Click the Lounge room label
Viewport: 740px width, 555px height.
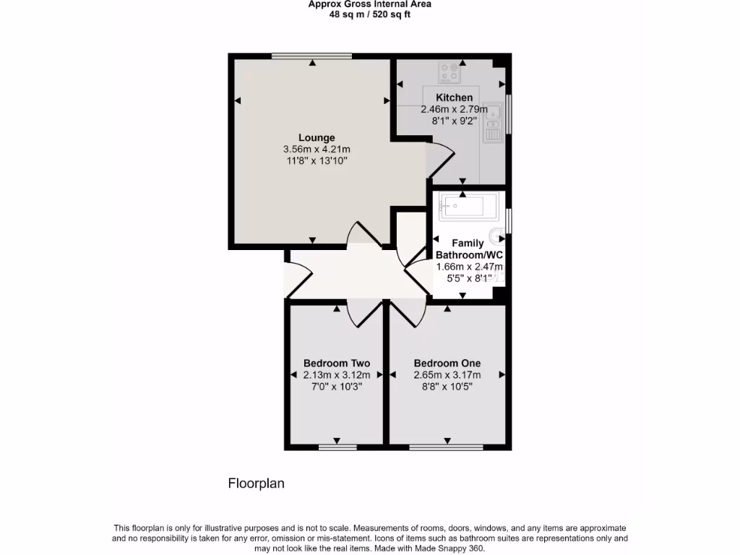pyautogui.click(x=317, y=137)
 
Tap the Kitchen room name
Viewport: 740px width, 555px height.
pyautogui.click(x=454, y=98)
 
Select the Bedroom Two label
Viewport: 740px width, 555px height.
pyautogui.click(x=337, y=363)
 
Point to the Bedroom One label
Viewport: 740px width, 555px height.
pyautogui.click(x=447, y=363)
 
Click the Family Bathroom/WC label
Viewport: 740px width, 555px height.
pyautogui.click(x=468, y=249)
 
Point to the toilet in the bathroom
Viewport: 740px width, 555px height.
pyautogui.click(x=497, y=236)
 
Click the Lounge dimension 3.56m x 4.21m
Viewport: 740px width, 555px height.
pyautogui.click(x=317, y=149)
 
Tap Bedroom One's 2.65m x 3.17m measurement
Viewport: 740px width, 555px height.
pyautogui.click(x=447, y=374)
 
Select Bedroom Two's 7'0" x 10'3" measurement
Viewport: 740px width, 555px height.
pyautogui.click(x=337, y=386)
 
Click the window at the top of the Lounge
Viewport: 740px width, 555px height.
pyautogui.click(x=312, y=56)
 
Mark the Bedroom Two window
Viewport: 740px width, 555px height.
pyautogui.click(x=337, y=447)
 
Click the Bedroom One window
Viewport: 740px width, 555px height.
pyautogui.click(x=447, y=447)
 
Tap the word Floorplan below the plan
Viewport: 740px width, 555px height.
pyautogui.click(x=257, y=483)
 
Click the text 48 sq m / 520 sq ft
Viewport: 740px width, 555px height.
pyautogui.click(x=370, y=14)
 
